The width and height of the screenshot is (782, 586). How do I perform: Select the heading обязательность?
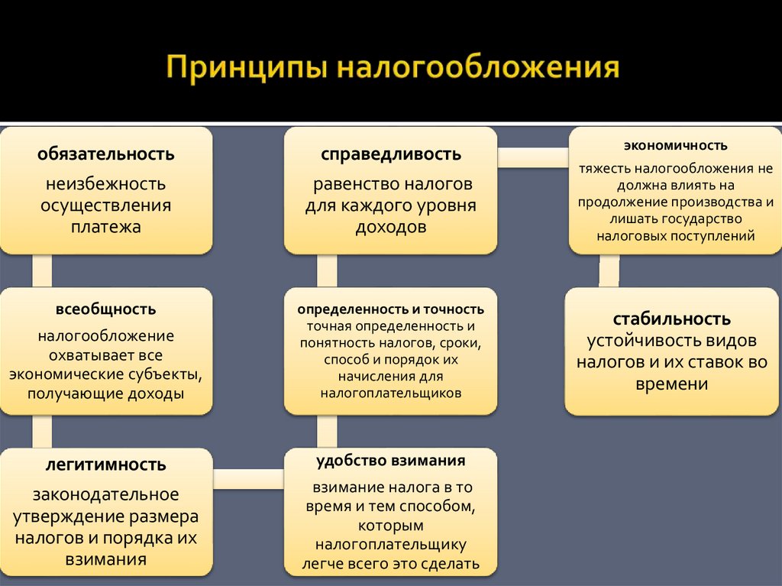tap(106, 154)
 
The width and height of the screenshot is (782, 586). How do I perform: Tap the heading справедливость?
tap(390, 154)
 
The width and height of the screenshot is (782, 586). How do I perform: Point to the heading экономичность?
tap(675, 145)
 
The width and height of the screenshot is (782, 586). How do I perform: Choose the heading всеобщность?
tap(105, 309)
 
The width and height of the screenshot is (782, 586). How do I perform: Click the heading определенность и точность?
tap(390, 309)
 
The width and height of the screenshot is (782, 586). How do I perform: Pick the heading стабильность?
tap(671, 319)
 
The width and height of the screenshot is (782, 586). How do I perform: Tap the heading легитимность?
tap(105, 465)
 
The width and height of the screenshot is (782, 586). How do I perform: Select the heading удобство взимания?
tap(390, 461)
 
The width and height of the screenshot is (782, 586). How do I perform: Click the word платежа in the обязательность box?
tap(106, 227)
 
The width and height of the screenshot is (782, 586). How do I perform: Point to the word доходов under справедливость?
tap(390, 227)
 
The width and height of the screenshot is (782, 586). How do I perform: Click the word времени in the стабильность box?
tap(671, 385)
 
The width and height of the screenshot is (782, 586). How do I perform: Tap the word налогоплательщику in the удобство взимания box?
tap(390, 545)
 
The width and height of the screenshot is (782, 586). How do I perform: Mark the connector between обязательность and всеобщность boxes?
tap(42, 270)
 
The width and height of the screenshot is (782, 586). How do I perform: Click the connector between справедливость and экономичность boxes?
tap(532, 157)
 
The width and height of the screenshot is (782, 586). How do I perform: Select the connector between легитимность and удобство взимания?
tap(248, 478)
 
